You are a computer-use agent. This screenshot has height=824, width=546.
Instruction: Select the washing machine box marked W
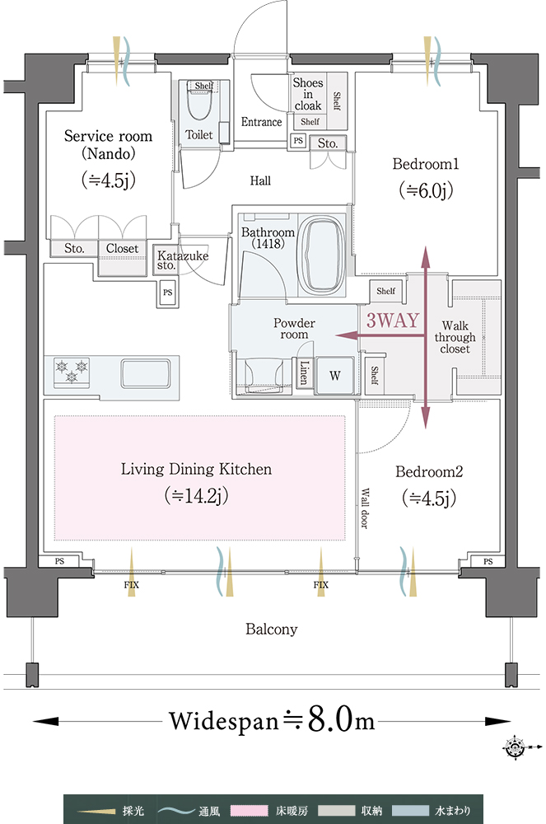[335, 376]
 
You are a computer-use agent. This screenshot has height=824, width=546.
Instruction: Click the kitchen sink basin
[145, 372]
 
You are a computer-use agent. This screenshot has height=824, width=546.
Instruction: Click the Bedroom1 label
[425, 164]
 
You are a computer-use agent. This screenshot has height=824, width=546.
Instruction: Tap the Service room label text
[108, 136]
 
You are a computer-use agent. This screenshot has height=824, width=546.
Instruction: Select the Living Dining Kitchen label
[196, 469]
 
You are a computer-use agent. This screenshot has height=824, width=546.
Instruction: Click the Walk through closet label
[455, 337]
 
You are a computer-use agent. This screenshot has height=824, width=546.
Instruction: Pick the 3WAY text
[392, 320]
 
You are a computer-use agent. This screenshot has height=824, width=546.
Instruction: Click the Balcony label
[272, 629]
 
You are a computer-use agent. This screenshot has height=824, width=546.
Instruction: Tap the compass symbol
[515, 747]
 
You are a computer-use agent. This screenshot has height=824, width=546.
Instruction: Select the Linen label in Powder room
[304, 372]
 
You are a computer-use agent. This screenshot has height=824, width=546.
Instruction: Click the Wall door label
[365, 508]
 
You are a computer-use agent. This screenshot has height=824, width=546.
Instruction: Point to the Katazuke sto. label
[183, 260]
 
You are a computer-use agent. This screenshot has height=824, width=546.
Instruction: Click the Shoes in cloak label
[308, 94]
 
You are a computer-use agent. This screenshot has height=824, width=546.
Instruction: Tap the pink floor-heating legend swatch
[250, 811]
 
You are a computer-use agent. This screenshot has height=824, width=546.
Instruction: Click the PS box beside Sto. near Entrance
[298, 141]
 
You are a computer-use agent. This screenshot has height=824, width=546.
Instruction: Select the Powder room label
[294, 329]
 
